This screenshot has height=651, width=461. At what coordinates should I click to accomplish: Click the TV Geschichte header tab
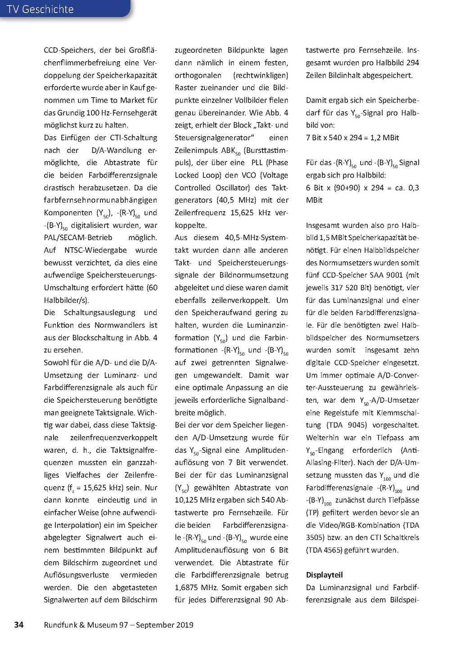tap(41, 9)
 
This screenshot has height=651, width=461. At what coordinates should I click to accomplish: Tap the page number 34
tap(19, 624)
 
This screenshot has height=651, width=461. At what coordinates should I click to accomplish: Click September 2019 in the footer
tap(165, 624)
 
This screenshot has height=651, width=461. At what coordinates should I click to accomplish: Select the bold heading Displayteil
tap(324, 575)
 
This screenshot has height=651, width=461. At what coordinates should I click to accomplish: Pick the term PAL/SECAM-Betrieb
tap(78, 237)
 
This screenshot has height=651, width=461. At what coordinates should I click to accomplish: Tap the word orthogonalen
tap(198, 75)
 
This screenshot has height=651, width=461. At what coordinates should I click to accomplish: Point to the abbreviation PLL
tap(257, 163)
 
